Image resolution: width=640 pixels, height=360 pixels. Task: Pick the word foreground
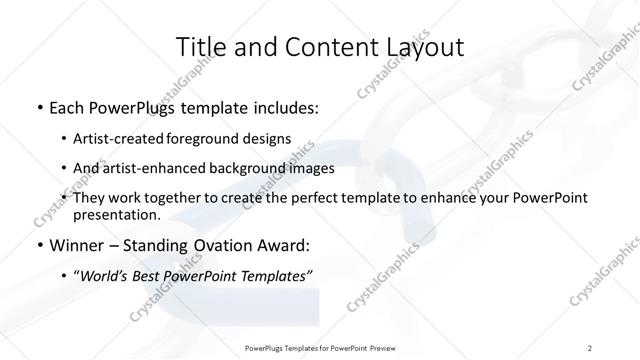(219, 139)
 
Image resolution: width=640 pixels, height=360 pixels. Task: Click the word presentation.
(116, 215)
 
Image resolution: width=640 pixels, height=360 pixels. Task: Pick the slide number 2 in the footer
(590, 347)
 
